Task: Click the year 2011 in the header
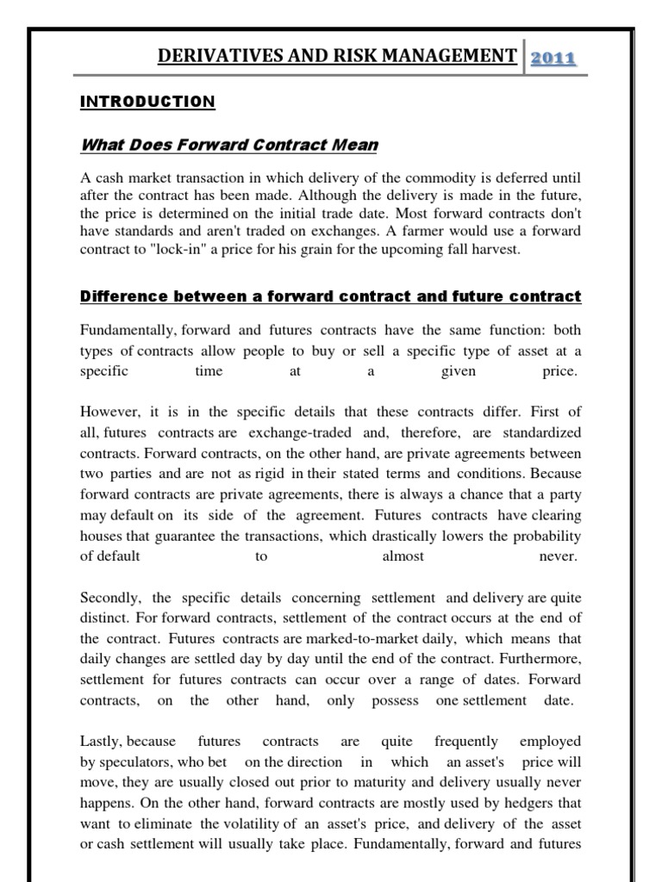tap(553, 58)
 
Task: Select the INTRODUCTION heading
tap(147, 102)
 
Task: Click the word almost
tap(403, 556)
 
